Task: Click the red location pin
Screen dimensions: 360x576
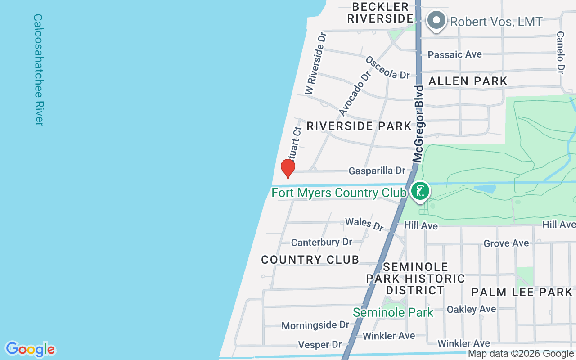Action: point(288,168)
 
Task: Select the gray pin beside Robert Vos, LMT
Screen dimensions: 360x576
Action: point(436,21)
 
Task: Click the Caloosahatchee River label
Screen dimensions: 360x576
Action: point(38,70)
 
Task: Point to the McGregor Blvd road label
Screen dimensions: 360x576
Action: point(418,123)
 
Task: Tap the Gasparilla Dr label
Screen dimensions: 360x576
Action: point(377,171)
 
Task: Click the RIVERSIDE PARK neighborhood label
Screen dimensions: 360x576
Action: point(359,126)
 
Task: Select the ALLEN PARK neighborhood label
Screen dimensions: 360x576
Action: point(468,81)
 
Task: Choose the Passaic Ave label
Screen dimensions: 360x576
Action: point(454,54)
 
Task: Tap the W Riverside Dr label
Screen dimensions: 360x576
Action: point(315,63)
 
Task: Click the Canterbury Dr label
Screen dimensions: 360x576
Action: point(321,242)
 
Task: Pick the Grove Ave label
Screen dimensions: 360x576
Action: point(506,243)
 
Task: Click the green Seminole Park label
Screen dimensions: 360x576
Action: point(393,312)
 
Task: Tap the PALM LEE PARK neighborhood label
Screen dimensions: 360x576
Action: point(522,292)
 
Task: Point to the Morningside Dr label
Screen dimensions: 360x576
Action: point(315,325)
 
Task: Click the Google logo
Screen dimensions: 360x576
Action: point(30,349)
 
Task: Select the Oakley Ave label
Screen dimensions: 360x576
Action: point(471,309)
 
